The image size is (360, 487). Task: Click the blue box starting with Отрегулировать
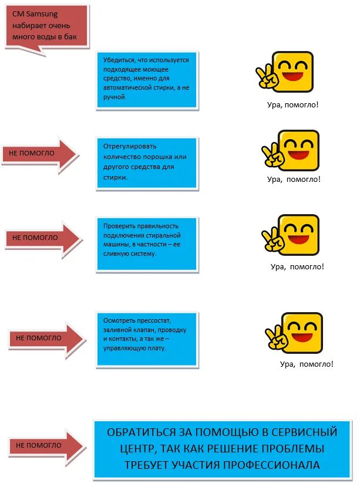pyautogui.click(x=147, y=163)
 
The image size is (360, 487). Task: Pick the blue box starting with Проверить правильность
pyautogui.click(x=147, y=243)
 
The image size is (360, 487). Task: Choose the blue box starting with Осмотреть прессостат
pyautogui.click(x=147, y=339)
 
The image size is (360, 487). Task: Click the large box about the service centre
pyautogui.click(x=221, y=449)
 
